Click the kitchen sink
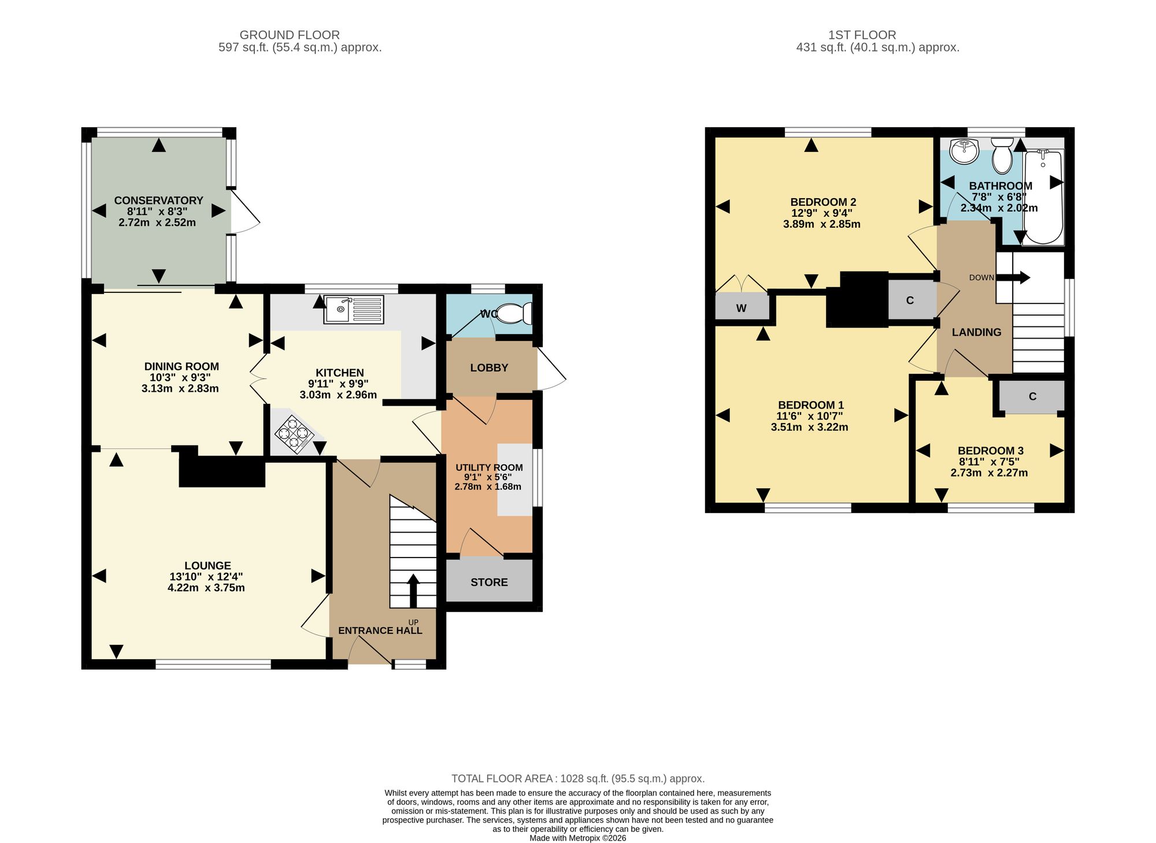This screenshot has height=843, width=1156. tap(354, 309)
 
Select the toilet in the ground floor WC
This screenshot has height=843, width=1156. tap(514, 314)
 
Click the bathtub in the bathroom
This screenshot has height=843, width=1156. tap(1043, 197)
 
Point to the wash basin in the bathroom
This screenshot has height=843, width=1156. tap(964, 151)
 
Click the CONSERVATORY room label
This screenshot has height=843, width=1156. tap(158, 200)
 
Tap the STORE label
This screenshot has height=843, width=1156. tap(489, 582)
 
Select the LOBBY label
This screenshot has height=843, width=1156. tap(489, 368)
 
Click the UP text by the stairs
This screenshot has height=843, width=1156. tap(413, 622)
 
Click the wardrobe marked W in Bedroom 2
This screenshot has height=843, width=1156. tap(742, 307)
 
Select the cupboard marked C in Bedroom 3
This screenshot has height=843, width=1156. tap(1032, 397)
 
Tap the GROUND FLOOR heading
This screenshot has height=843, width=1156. tap(290, 35)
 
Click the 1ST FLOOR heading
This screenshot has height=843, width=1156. tap(862, 35)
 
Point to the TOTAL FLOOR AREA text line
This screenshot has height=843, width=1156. tap(578, 779)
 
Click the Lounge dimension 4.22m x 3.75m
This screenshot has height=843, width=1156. tap(206, 588)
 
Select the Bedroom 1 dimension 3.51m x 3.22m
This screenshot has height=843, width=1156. tap(809, 428)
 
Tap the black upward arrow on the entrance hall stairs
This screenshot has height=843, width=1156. tap(413, 591)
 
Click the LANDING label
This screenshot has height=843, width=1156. tap(976, 332)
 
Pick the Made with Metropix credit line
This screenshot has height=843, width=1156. tap(578, 838)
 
